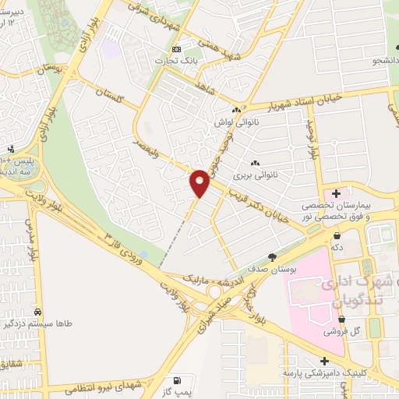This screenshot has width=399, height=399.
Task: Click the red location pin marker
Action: point(199,182)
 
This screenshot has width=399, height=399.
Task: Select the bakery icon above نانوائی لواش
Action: point(235,110)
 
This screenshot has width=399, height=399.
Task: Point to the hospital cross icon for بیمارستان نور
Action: point(336,192)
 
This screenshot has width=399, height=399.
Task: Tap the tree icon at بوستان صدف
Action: point(271,256)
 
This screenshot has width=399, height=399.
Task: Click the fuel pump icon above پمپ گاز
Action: point(178,380)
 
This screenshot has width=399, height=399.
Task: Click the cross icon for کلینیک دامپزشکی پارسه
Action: point(325,361)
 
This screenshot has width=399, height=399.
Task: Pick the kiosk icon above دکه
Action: point(337,235)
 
